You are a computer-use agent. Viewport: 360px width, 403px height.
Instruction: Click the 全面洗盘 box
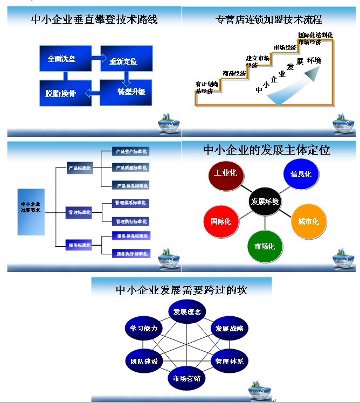click(61, 59)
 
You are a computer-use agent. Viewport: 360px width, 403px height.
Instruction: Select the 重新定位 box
click(123, 60)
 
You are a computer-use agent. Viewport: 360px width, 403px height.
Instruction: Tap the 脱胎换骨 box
click(61, 93)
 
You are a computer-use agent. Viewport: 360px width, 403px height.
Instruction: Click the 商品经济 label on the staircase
click(234, 73)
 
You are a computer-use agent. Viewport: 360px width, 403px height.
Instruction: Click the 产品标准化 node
click(80, 168)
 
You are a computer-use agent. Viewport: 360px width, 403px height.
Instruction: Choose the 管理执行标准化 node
click(130, 221)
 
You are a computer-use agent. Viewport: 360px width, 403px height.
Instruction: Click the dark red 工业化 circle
click(226, 174)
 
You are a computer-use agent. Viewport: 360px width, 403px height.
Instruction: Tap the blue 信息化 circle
click(301, 175)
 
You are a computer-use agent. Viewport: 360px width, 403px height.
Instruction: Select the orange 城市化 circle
click(308, 221)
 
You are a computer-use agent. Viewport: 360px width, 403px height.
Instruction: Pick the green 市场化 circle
click(264, 246)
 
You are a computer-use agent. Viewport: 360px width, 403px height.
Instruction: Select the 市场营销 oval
click(186, 378)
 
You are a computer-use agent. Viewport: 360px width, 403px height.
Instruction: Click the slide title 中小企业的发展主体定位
click(267, 150)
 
